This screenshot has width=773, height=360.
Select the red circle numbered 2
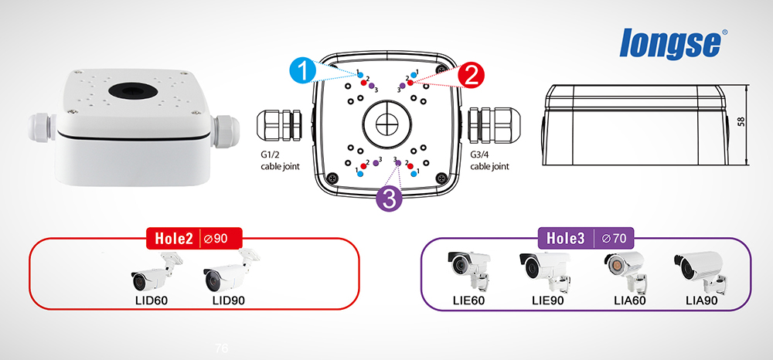[x=470, y=76]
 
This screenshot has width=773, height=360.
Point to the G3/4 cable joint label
[x=490, y=160]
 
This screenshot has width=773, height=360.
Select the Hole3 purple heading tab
[x=564, y=238]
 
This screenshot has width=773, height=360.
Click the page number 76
[x=222, y=348]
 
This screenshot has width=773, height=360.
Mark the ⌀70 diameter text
[x=614, y=238]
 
